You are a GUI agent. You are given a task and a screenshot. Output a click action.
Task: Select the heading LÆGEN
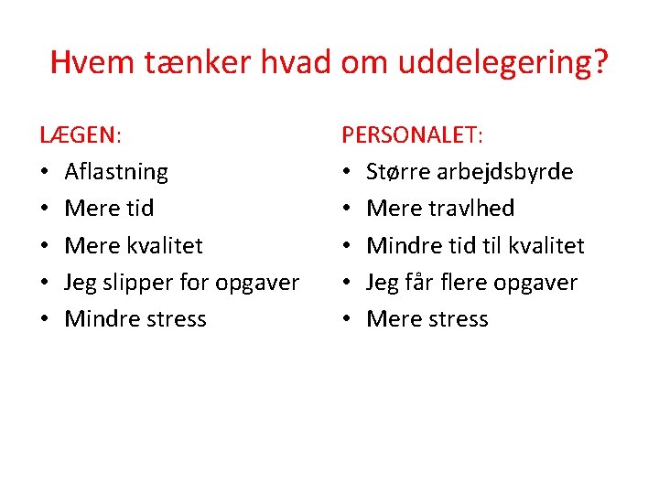point(79,135)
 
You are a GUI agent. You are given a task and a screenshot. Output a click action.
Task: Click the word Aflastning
point(116,172)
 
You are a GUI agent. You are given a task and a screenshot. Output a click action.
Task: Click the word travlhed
point(470,209)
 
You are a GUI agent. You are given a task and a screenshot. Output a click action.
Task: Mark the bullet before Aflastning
point(45,173)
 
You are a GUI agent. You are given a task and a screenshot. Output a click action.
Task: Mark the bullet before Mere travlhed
point(347,209)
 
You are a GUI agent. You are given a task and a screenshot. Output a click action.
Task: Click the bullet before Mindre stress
point(45,319)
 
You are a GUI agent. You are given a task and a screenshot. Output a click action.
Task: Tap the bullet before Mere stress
point(347,319)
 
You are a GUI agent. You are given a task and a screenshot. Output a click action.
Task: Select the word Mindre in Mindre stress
point(98,318)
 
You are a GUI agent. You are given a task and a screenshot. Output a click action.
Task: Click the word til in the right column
point(481,245)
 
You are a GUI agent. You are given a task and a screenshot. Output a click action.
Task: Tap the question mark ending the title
point(600,62)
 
